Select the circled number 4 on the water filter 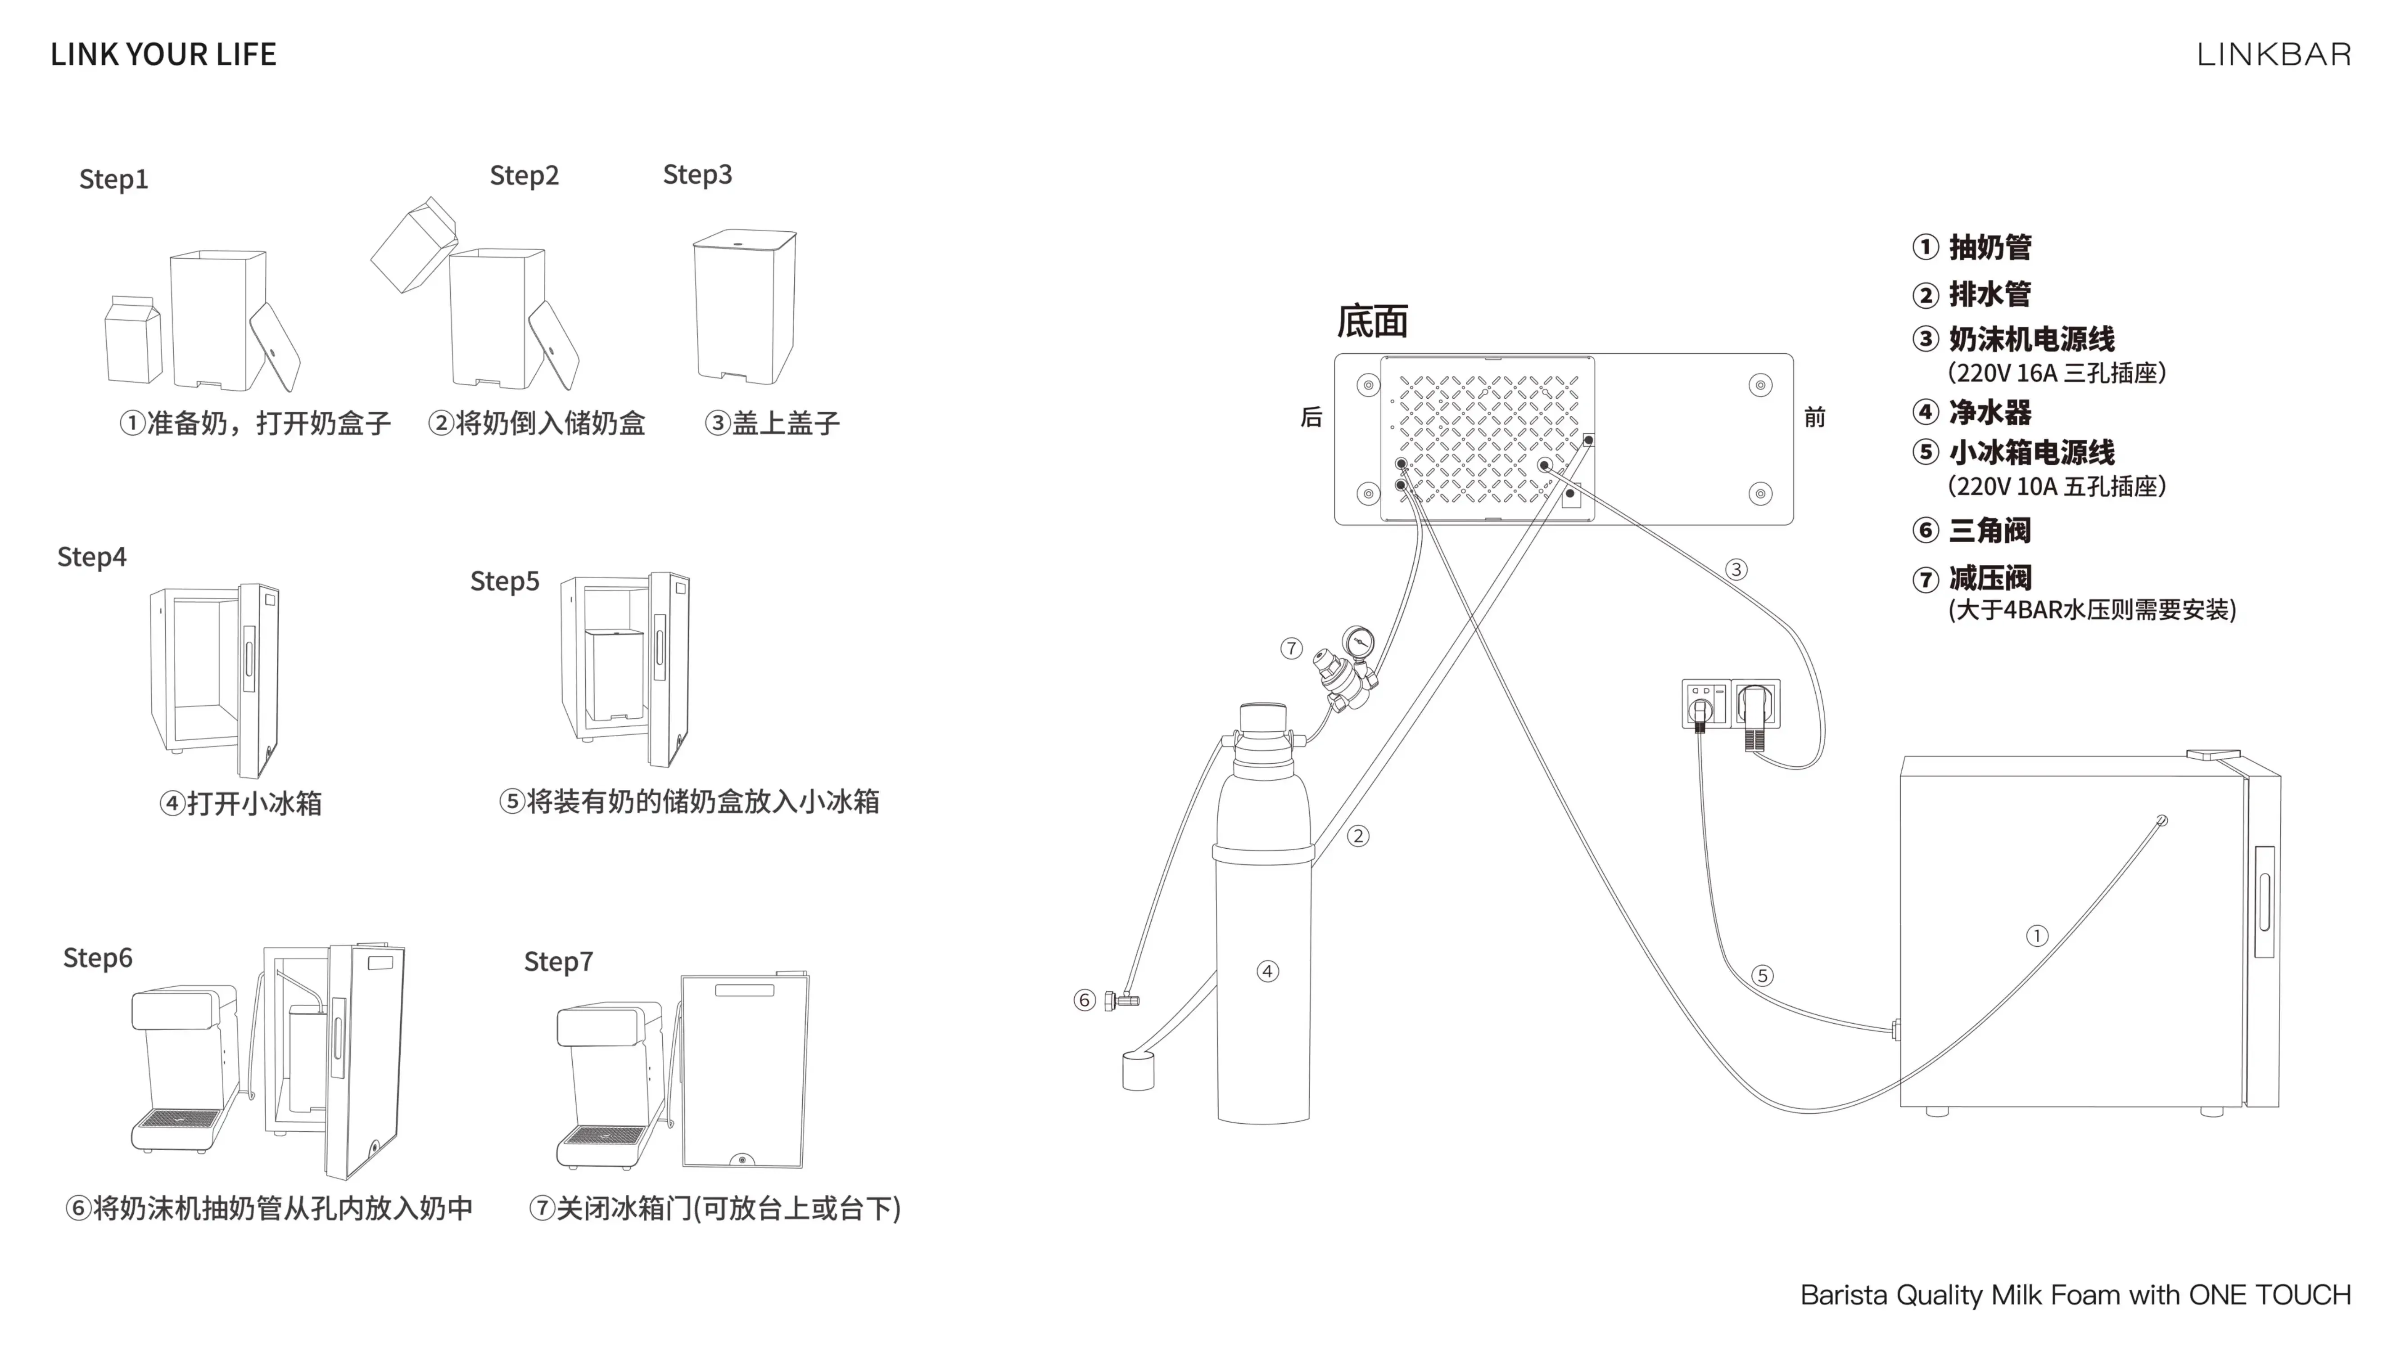(x=1268, y=971)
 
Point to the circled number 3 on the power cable (x=1736, y=569)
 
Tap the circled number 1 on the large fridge (x=2038, y=936)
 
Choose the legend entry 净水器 (x=1989, y=412)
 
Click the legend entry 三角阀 (x=1989, y=530)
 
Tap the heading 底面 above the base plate (x=1372, y=321)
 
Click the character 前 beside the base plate (x=1814, y=418)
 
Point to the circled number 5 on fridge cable (x=1762, y=976)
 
